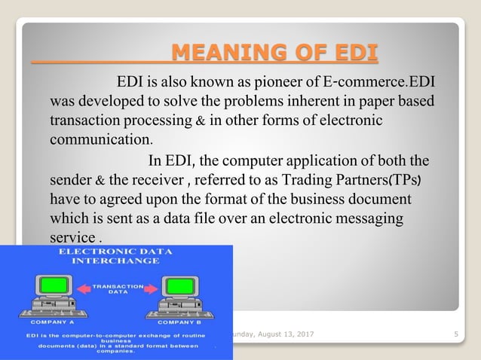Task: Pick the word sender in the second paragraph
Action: [70, 180]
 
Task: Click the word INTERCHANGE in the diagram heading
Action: [115, 261]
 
